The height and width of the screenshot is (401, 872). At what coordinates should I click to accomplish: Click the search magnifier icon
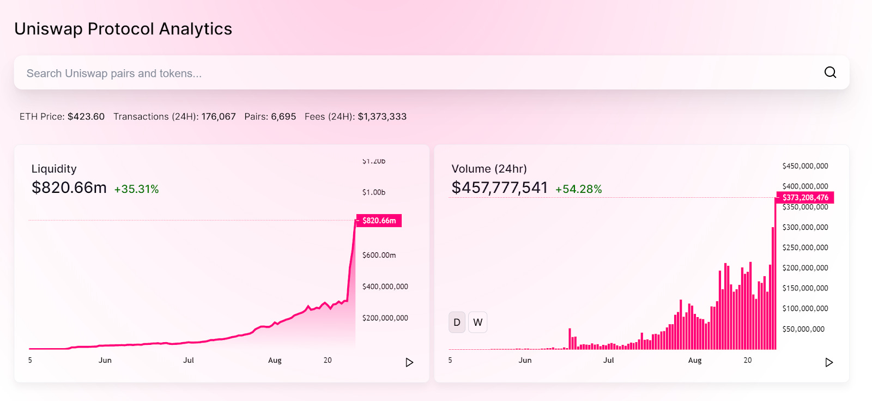[x=830, y=72]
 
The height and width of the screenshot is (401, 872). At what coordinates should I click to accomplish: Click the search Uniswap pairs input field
[x=381, y=73]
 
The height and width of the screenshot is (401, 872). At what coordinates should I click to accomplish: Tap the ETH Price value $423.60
[x=86, y=117]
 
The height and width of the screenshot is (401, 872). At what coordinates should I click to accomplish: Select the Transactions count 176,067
[x=219, y=117]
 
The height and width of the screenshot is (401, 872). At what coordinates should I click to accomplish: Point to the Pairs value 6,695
[x=283, y=117]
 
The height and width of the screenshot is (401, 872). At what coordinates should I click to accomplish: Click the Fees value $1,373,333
[x=382, y=117]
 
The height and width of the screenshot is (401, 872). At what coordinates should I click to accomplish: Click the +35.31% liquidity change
[x=136, y=189]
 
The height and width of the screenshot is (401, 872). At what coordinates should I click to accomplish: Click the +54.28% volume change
[x=578, y=189]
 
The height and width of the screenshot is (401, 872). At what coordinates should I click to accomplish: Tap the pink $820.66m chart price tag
[x=379, y=221]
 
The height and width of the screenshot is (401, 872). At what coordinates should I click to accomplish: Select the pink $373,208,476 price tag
[x=805, y=197]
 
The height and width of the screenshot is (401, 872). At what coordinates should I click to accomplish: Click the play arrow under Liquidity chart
[x=409, y=362]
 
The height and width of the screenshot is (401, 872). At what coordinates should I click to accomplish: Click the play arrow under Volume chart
[x=829, y=362]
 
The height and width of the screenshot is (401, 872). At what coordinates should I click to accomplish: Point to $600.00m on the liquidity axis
[x=379, y=255]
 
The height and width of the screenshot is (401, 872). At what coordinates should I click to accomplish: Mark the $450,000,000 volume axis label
[x=805, y=166]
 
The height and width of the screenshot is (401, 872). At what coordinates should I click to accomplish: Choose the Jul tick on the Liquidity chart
[x=189, y=360]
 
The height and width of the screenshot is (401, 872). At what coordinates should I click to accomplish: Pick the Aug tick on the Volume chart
[x=695, y=360]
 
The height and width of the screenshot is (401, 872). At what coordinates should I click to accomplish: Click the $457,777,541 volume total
[x=499, y=187]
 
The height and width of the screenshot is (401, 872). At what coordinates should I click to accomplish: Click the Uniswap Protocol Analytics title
[x=123, y=29]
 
